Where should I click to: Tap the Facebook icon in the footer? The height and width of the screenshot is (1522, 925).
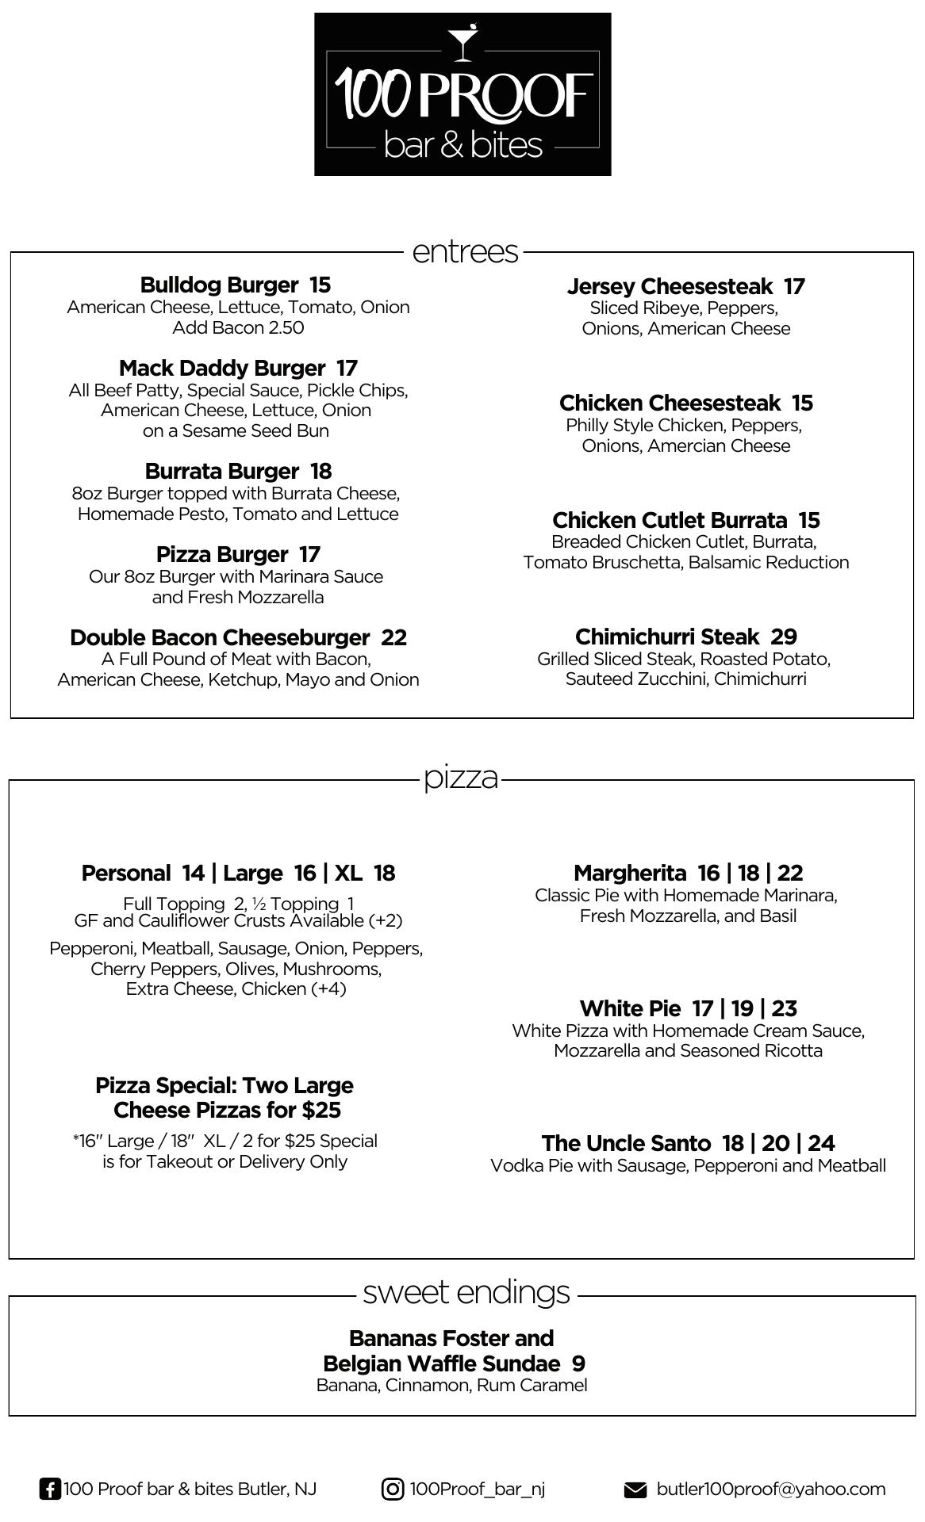click(49, 1489)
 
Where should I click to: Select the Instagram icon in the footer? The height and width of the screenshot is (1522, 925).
click(393, 1489)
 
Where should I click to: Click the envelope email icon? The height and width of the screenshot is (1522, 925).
click(635, 1489)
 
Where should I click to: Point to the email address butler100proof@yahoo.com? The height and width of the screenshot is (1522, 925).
click(770, 1489)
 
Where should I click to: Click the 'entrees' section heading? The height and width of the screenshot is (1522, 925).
click(465, 251)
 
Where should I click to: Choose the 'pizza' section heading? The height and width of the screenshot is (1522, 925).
click(461, 777)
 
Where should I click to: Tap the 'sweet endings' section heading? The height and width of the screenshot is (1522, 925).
click(466, 1291)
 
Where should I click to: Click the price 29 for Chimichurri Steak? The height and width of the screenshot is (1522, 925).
click(784, 637)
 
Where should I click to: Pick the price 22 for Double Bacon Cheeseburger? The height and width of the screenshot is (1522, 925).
click(394, 637)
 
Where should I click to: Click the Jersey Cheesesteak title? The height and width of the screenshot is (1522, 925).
click(670, 286)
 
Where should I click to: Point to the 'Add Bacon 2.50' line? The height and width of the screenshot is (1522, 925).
click(238, 327)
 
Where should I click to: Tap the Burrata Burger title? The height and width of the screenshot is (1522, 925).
click(221, 471)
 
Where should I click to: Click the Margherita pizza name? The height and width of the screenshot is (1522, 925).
click(630, 873)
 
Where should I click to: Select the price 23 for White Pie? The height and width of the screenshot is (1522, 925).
click(784, 1008)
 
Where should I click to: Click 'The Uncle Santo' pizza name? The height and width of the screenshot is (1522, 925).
click(626, 1143)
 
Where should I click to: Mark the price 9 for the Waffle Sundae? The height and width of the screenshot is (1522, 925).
click(578, 1363)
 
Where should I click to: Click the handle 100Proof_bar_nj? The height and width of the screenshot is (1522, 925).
click(477, 1489)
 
